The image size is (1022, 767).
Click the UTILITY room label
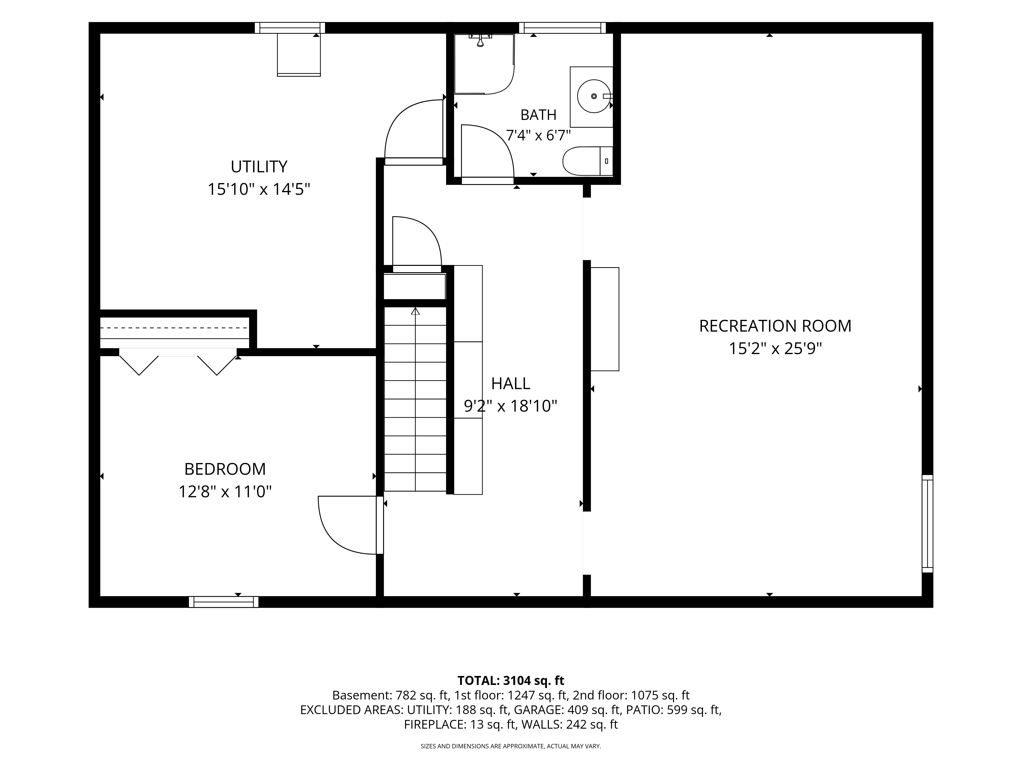pyautogui.click(x=259, y=166)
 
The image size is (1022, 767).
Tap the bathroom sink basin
pyautogui.click(x=594, y=96)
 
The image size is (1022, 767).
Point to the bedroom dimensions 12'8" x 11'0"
pyautogui.click(x=225, y=491)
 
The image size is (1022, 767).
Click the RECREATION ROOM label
pyautogui.click(x=775, y=326)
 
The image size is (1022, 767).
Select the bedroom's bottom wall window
pyautogui.click(x=224, y=602)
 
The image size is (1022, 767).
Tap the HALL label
pyautogui.click(x=510, y=383)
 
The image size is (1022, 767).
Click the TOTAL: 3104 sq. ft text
pyautogui.click(x=510, y=681)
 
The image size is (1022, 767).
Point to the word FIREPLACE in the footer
pyautogui.click(x=434, y=725)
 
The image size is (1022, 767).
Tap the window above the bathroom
pyautogui.click(x=562, y=28)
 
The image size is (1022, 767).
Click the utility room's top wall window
pyautogui.click(x=290, y=28)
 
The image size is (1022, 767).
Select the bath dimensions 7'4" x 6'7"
pyautogui.click(x=539, y=136)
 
